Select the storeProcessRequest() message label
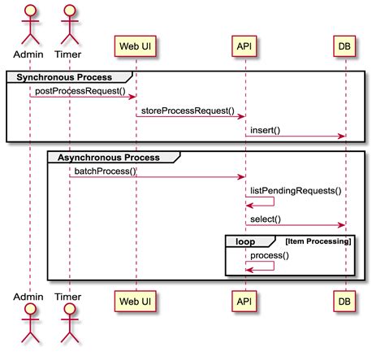tap(188, 111)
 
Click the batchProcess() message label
tap(105, 171)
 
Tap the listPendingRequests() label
tap(295, 190)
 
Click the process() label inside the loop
tap(270, 255)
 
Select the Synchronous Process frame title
tap(60, 76)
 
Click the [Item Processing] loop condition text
tap(318, 241)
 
